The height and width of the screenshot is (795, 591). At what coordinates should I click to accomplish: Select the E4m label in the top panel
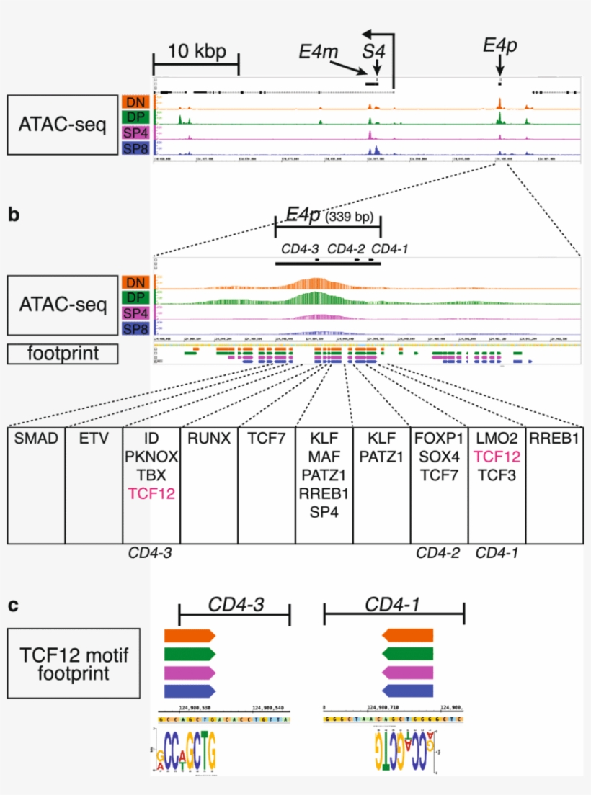tap(318, 51)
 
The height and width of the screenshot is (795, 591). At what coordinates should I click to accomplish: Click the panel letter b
tap(14, 215)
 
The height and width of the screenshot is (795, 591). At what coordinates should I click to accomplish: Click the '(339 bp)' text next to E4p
tap(349, 216)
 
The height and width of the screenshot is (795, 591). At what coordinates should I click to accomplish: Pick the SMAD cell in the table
tap(36, 437)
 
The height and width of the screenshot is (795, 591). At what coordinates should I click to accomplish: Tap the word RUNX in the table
tap(208, 437)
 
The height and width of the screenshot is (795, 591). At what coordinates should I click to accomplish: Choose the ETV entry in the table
tap(94, 437)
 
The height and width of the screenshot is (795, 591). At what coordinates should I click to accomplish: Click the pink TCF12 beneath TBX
tap(151, 493)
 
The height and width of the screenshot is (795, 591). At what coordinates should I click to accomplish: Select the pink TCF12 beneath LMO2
tap(497, 456)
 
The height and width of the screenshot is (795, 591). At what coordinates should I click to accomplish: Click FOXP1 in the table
tap(439, 437)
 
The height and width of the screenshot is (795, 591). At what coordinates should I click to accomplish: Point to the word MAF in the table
tap(324, 456)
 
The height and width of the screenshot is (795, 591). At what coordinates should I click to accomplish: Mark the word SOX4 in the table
tap(439, 456)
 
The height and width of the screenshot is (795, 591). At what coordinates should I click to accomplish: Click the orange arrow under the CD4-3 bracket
tap(190, 635)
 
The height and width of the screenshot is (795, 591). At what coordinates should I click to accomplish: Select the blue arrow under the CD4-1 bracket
tap(408, 691)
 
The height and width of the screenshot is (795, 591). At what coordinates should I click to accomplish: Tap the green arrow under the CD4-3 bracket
tap(190, 654)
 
